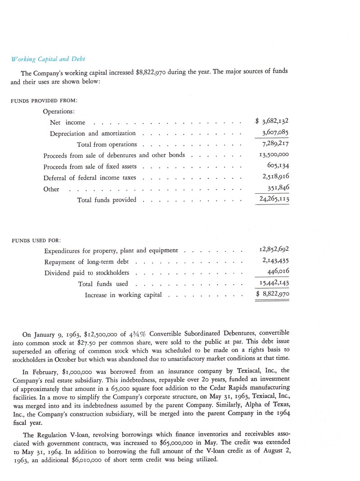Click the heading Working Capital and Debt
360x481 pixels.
[x=48, y=59]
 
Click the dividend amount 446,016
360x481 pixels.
[x=278, y=272]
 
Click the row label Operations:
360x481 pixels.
[x=59, y=111]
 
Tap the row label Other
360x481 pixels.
[x=51, y=189]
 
